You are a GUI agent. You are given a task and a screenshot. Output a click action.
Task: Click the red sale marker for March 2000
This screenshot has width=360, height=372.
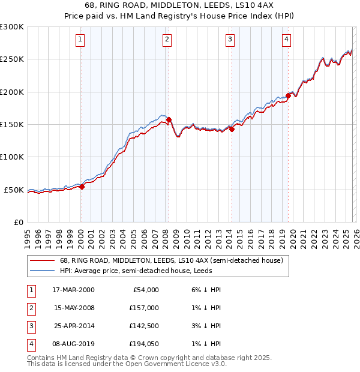click(x=82, y=187)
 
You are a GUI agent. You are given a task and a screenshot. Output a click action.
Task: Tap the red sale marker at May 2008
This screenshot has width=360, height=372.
click(x=169, y=119)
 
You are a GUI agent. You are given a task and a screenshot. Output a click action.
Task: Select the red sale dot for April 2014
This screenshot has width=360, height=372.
click(x=232, y=129)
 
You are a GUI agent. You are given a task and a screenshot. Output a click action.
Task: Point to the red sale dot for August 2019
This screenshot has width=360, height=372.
click(x=288, y=95)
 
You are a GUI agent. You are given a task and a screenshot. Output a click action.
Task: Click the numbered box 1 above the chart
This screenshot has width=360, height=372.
click(x=80, y=40)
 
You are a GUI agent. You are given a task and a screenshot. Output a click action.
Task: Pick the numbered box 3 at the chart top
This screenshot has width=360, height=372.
click(x=230, y=40)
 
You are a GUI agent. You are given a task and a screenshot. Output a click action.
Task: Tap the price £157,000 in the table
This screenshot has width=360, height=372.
click(x=143, y=307)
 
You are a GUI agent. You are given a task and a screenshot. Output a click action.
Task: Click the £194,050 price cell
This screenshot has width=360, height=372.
click(x=143, y=344)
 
